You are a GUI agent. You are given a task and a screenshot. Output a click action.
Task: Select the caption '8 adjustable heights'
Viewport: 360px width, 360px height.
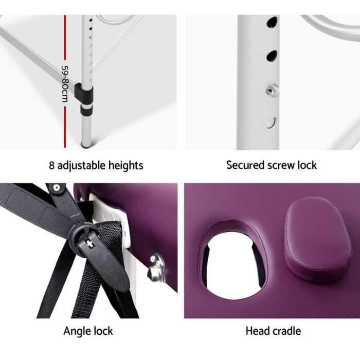pos(96,166)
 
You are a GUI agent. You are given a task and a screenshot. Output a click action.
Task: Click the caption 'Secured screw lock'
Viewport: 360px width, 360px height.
pos(272,166)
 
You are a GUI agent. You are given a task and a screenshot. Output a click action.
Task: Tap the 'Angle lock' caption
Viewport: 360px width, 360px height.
pos(88,331)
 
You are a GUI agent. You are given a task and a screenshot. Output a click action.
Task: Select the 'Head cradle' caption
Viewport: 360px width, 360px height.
pos(273,331)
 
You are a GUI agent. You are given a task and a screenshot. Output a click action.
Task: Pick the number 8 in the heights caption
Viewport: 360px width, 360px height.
pos(51,166)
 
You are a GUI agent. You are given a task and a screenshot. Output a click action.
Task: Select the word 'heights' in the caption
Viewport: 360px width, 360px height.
pos(125,166)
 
